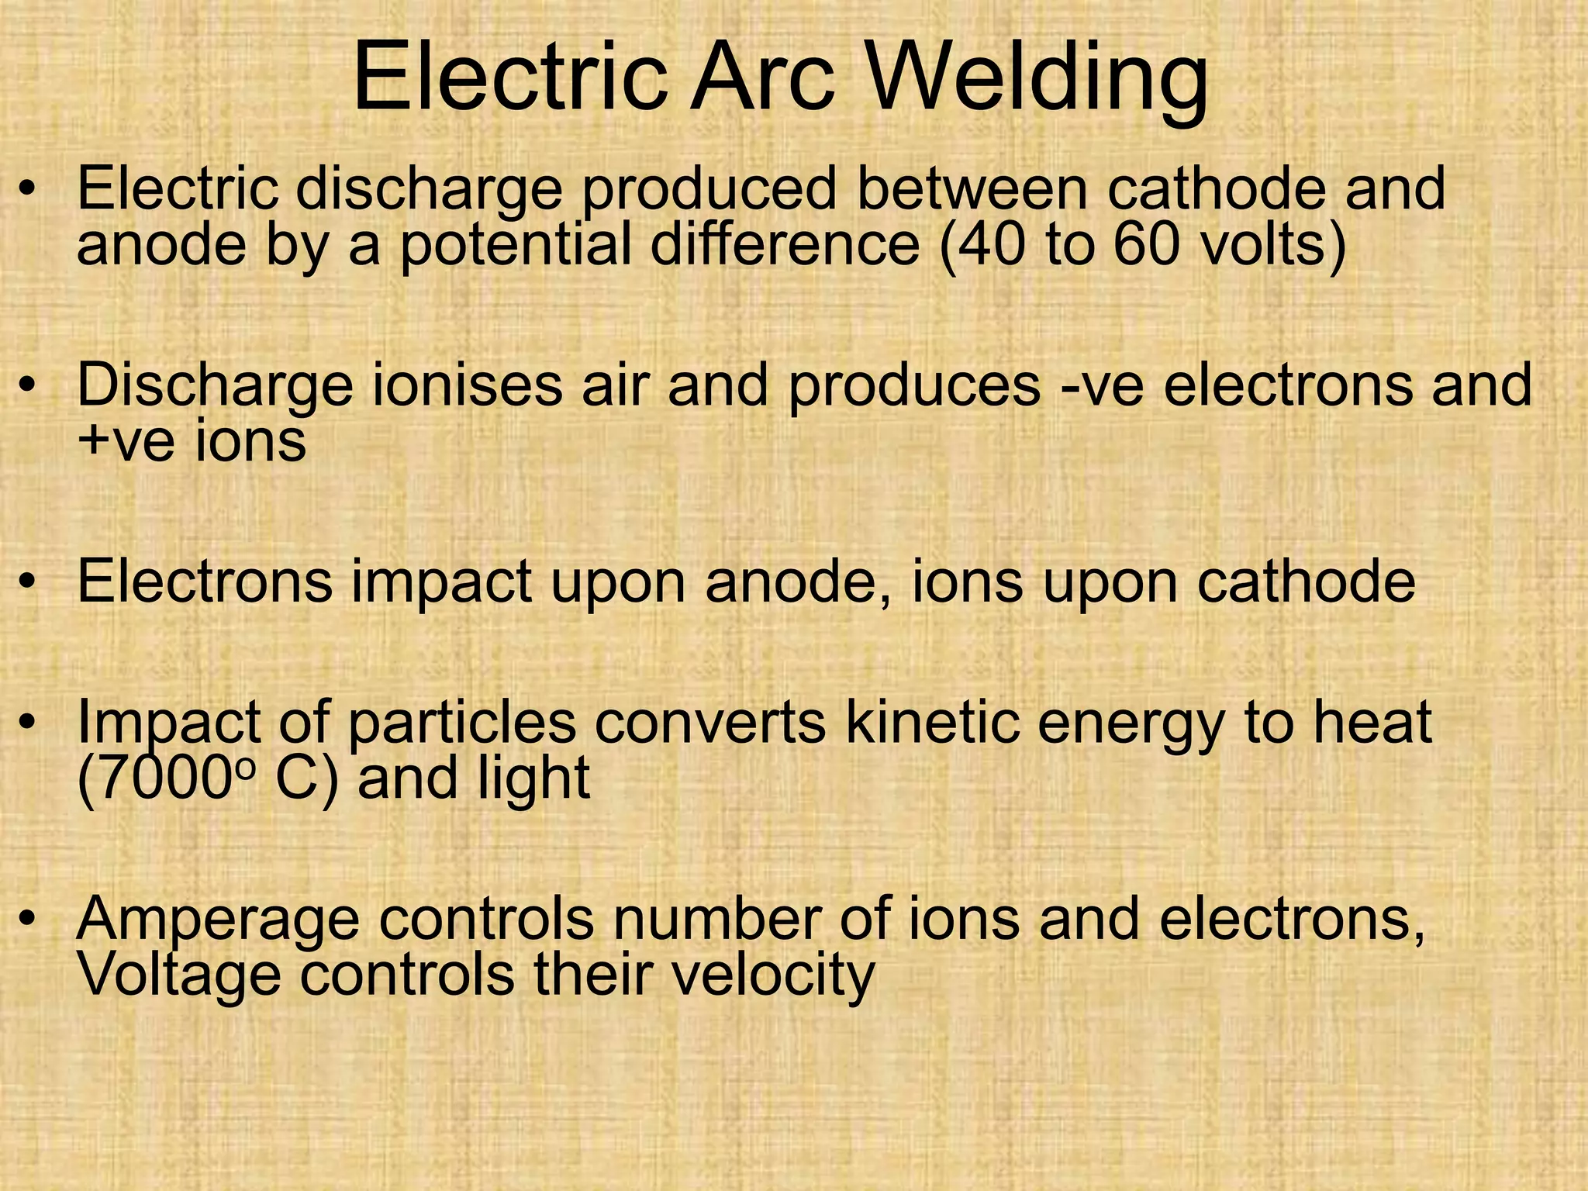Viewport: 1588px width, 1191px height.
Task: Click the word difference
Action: tap(785, 244)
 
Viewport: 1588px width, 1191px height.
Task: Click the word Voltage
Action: tap(179, 975)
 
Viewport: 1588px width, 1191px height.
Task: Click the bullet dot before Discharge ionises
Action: tap(29, 385)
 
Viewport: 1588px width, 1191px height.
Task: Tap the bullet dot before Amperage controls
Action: tap(29, 918)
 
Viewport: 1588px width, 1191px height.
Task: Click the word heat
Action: tap(1372, 723)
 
